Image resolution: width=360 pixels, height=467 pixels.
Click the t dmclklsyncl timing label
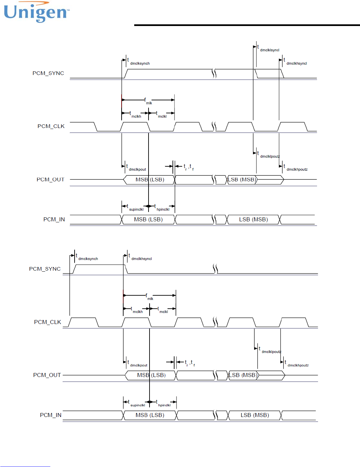coord(268,49)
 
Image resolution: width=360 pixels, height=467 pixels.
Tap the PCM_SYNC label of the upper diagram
coord(48,73)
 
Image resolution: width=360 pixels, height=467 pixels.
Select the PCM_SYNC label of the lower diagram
coord(45,269)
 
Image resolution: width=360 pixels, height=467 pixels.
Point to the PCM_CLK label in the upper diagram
coord(51,126)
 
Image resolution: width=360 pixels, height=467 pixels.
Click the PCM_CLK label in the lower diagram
coord(48,322)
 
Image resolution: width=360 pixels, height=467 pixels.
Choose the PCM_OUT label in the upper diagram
coord(50,180)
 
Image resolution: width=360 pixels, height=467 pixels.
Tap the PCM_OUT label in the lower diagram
coord(47,375)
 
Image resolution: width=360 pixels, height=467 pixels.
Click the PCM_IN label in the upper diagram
coord(54,219)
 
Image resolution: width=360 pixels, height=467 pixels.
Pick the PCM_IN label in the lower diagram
coord(51,415)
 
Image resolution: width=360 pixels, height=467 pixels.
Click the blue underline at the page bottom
coord(25,466)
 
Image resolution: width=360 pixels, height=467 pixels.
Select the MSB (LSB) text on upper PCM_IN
coord(148,219)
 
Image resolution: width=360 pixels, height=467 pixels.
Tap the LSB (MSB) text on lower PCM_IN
coord(255,415)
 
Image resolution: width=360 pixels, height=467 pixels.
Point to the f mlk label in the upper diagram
coord(148,101)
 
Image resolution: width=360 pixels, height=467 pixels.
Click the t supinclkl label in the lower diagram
coord(137,404)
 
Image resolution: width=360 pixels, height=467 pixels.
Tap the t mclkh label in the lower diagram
coord(137,310)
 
